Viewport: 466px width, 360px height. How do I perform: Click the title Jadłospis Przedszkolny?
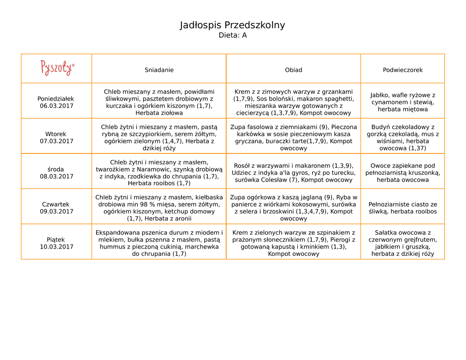click(x=233, y=25)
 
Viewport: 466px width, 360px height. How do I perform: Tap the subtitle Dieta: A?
click(x=233, y=35)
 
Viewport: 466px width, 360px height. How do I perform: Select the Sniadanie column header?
click(x=159, y=70)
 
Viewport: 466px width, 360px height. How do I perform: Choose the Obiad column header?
click(x=294, y=70)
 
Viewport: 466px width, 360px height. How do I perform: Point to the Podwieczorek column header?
click(x=403, y=70)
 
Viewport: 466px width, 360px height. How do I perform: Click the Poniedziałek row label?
click(x=56, y=99)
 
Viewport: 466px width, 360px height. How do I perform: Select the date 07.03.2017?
click(x=56, y=141)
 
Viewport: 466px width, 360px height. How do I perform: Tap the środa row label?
click(x=56, y=169)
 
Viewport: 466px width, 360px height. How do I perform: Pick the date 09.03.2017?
click(x=56, y=212)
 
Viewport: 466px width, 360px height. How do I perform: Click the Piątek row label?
click(x=56, y=239)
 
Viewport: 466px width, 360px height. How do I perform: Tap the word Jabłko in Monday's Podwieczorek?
click(x=380, y=95)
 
